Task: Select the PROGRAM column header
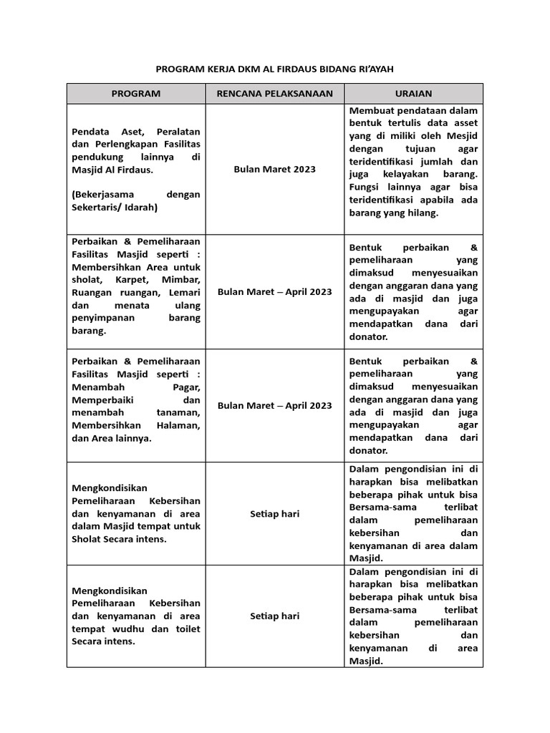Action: [x=136, y=94]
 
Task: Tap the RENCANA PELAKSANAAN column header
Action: [x=275, y=94]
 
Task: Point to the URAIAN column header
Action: [x=413, y=94]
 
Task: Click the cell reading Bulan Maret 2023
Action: [x=275, y=169]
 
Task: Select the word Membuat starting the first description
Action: [x=372, y=111]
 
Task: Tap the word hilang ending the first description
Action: [x=421, y=213]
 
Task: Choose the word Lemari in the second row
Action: [x=184, y=292]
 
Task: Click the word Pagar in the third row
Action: [x=187, y=387]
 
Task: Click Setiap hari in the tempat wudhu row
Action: [x=275, y=616]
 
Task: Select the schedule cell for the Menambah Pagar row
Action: [x=275, y=405]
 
